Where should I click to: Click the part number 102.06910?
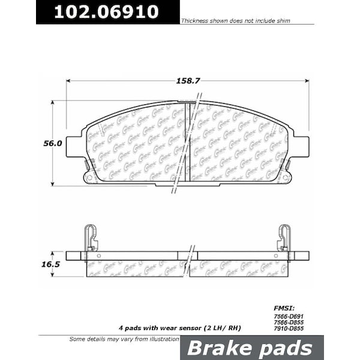coord(107,11)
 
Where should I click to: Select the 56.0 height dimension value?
coord(53,143)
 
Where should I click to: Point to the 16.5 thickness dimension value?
coord(53,263)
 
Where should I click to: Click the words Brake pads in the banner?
coord(251,349)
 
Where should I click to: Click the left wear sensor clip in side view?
coord(90,238)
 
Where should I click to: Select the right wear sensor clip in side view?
coord(284,238)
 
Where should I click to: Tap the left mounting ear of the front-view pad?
coord(74,146)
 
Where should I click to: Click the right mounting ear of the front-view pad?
coord(300,146)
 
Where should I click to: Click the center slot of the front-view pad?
coord(190,144)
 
